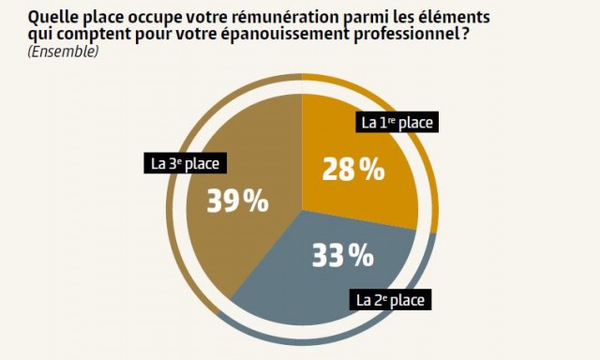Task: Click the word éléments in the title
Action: point(464,17)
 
